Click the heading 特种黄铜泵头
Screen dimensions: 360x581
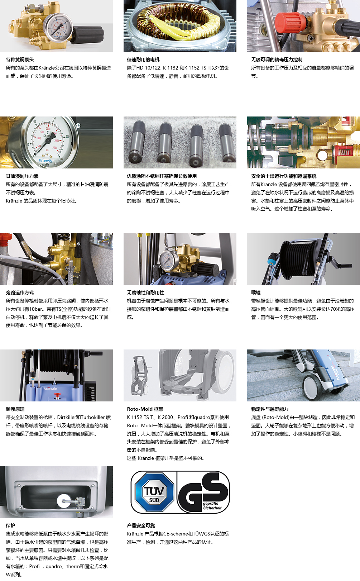coord(20,59)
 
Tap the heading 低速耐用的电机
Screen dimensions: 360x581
coord(143,59)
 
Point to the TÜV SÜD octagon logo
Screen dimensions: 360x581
coord(154,492)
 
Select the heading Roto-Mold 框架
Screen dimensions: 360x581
coord(145,409)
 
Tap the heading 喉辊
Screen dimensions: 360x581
coord(256,292)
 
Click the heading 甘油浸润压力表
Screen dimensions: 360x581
coord(22,176)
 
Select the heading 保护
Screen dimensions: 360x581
coord(11,525)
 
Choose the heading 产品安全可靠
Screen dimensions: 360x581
coord(141,525)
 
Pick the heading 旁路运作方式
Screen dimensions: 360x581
coord(20,292)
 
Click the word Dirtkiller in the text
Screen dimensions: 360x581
coord(67,417)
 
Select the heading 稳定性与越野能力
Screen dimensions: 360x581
coord(270,409)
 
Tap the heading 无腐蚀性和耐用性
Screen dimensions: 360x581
coord(145,292)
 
